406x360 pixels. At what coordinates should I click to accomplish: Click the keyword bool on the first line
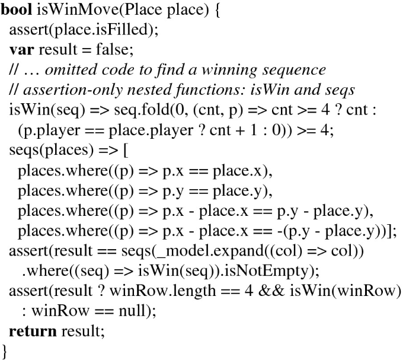click(16, 11)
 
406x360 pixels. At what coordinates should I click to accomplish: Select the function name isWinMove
click(69, 11)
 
